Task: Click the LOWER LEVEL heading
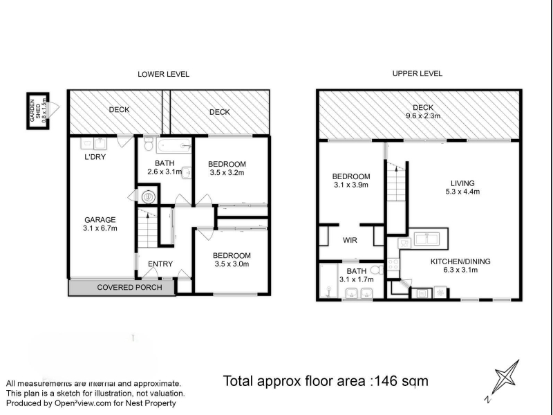pyautogui.click(x=163, y=75)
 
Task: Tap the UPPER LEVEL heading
pyautogui.click(x=418, y=74)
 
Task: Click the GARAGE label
pyautogui.click(x=100, y=219)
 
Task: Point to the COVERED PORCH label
pyautogui.click(x=129, y=287)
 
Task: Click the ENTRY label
pyautogui.click(x=160, y=264)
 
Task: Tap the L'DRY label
pyautogui.click(x=95, y=157)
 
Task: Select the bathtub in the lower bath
pyautogui.click(x=174, y=146)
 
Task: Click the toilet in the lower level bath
pyautogui.click(x=148, y=144)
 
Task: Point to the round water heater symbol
pyautogui.click(x=149, y=196)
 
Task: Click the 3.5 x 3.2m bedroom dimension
pyautogui.click(x=227, y=172)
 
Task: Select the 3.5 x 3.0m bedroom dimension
pyautogui.click(x=232, y=264)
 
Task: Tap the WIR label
pyautogui.click(x=350, y=240)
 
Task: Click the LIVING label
pyautogui.click(x=462, y=183)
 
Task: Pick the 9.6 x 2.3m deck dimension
pyautogui.click(x=422, y=116)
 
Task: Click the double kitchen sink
pyautogui.click(x=427, y=239)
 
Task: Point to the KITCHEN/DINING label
pyautogui.click(x=460, y=261)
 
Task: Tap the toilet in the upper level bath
pyautogui.click(x=377, y=270)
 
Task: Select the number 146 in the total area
pyautogui.click(x=387, y=381)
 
